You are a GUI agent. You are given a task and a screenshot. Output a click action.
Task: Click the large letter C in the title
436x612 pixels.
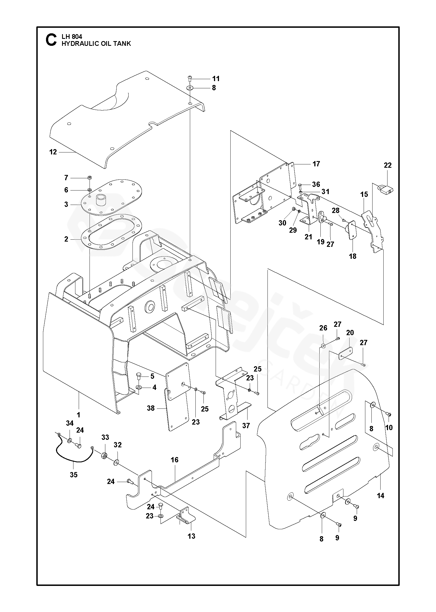(51, 40)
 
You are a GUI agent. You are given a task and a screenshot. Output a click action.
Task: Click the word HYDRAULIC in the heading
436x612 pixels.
(77, 44)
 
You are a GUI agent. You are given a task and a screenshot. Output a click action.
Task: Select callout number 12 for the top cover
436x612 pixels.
(53, 152)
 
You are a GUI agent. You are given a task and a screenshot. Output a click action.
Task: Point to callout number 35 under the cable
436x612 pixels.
(73, 475)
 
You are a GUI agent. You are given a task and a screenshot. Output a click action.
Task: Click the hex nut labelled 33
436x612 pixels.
(104, 456)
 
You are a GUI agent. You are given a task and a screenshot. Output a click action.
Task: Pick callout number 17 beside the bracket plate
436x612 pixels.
(316, 164)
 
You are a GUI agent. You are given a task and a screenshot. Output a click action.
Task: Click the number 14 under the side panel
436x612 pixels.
(381, 495)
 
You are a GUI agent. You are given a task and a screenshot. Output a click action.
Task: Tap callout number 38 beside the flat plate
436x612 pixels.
(151, 408)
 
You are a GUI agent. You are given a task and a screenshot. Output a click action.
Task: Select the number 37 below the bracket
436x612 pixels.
(246, 425)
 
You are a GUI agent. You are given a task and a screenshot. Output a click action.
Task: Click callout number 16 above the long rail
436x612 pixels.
(175, 460)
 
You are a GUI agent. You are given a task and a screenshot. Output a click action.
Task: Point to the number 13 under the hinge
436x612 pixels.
(192, 536)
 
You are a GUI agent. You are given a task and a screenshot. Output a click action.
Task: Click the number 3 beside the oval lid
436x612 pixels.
(66, 205)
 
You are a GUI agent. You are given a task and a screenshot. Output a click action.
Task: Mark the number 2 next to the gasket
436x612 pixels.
(66, 239)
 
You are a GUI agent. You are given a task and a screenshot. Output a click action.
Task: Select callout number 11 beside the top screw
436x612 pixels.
(216, 79)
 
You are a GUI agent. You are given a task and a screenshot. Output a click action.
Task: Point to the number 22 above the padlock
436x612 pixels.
(387, 165)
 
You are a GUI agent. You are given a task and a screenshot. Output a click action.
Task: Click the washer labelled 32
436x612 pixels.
(116, 463)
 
